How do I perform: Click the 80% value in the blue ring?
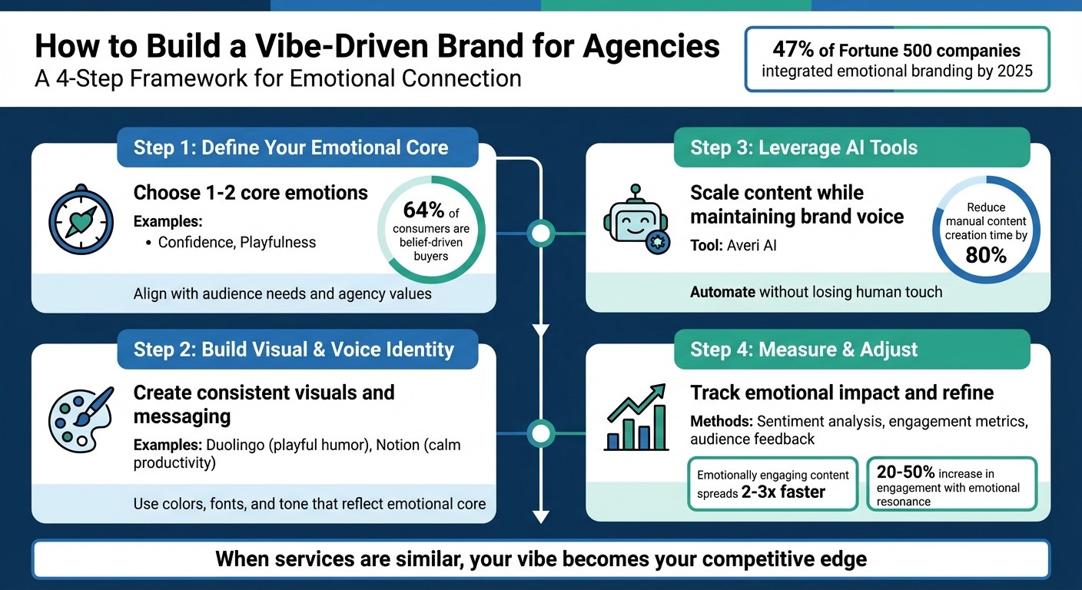click(986, 256)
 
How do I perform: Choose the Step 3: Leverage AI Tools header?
click(804, 147)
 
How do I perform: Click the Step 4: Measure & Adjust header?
click(804, 350)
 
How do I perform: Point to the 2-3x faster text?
click(783, 492)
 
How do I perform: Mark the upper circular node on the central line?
click(542, 233)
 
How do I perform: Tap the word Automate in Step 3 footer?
click(723, 292)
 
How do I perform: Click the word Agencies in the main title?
click(651, 47)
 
